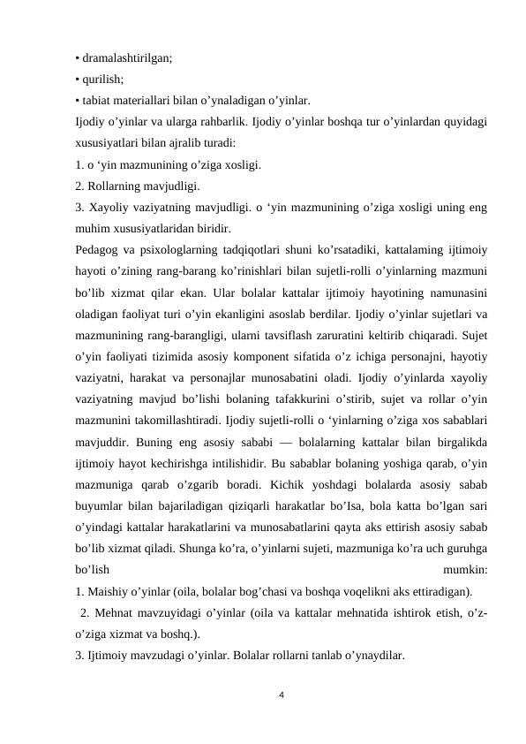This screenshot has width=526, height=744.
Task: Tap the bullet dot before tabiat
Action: click(x=78, y=100)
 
